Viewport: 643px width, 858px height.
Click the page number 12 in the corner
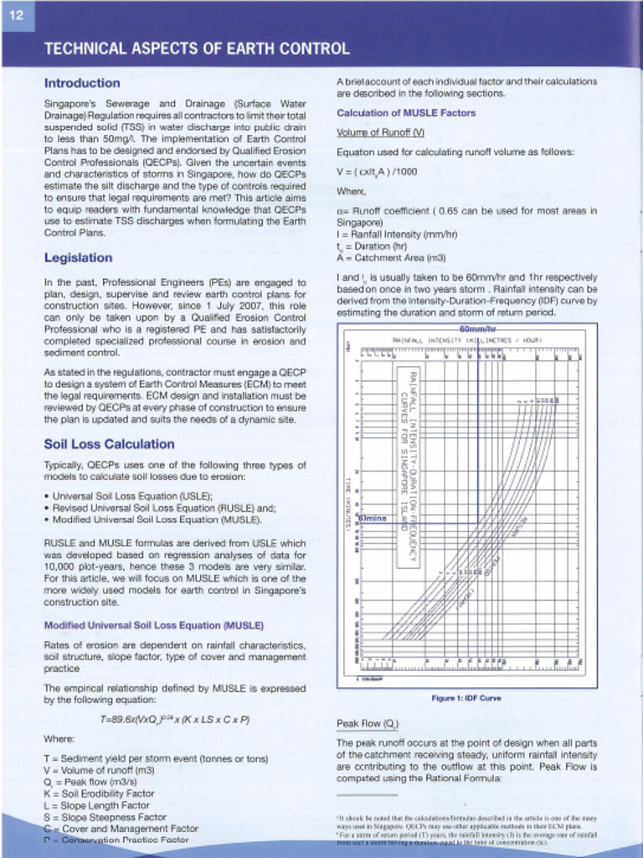[16, 16]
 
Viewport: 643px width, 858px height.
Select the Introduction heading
[82, 83]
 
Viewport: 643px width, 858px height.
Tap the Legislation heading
[78, 257]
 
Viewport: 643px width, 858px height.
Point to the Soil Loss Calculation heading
[109, 444]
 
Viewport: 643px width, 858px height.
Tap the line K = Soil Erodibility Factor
[99, 793]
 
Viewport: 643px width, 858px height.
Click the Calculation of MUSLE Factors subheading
[406, 113]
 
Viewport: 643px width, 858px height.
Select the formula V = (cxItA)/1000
[377, 172]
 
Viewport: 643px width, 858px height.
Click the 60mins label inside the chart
[373, 518]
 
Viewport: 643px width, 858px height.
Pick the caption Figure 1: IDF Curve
[466, 698]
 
